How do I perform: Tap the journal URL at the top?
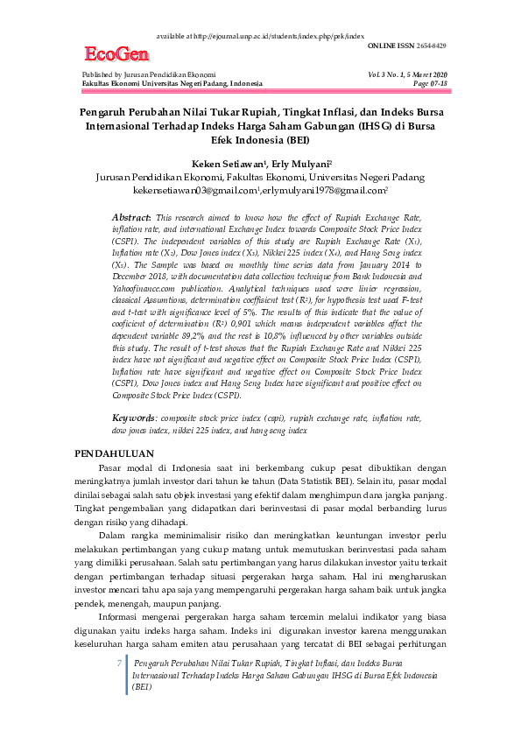click(264, 37)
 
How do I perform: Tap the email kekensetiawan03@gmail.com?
click(195, 189)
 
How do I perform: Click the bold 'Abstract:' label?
click(132, 216)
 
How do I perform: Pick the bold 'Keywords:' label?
click(134, 418)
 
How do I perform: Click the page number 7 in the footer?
click(119, 664)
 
